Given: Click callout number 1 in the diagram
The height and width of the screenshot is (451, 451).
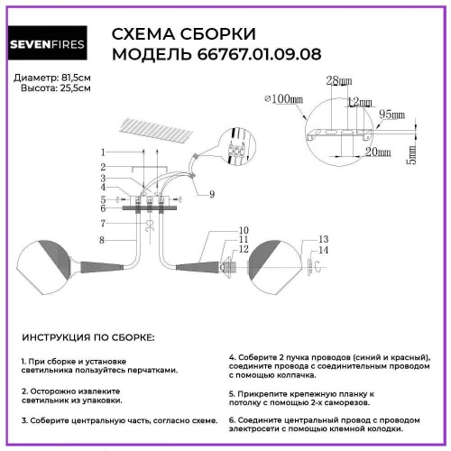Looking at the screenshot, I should click(x=104, y=152).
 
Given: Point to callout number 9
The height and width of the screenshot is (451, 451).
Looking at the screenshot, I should click(x=211, y=194).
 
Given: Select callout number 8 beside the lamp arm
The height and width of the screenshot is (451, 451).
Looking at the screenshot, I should click(x=104, y=239).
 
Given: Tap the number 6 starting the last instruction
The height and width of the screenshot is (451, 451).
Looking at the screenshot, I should click(x=232, y=419).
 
